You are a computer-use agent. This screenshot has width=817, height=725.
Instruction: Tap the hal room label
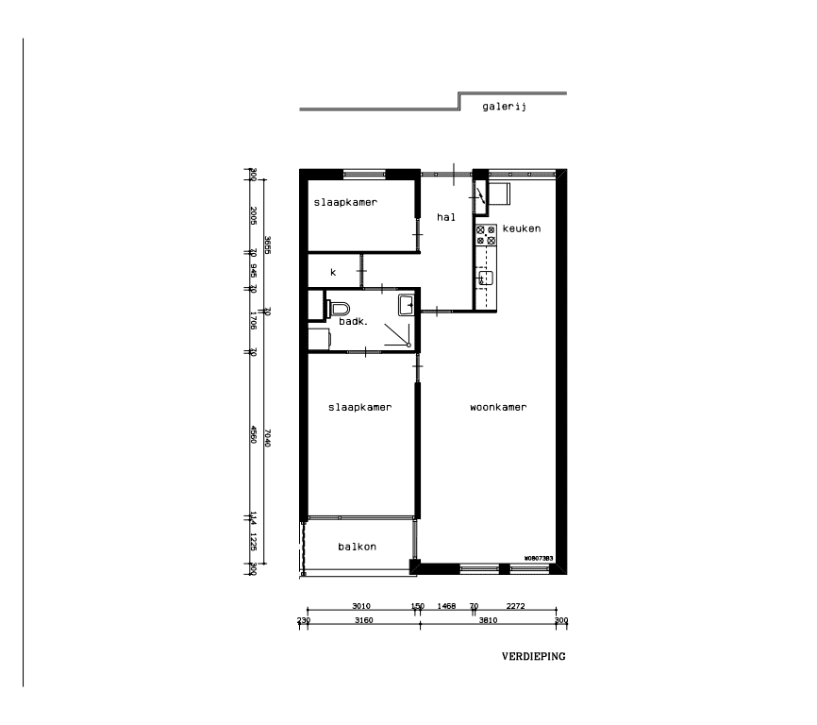point(446,217)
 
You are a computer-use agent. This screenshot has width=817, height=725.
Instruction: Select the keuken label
point(522,229)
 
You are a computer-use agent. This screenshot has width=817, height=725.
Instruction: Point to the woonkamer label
point(497,408)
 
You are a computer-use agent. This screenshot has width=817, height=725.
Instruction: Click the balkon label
point(358,548)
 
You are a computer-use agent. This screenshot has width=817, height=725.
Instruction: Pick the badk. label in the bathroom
point(353,321)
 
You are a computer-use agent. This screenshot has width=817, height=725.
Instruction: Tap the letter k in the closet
point(332,272)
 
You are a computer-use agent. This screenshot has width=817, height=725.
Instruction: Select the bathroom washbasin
point(407,304)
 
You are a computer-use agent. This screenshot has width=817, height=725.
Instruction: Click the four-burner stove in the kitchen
point(486,235)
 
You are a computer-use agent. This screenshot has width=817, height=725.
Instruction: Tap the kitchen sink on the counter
point(484,278)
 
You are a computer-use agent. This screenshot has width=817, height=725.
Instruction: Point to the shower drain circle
point(408,346)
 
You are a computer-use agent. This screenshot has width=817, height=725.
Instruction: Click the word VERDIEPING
point(533,655)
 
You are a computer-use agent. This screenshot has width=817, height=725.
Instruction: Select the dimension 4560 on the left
point(254,434)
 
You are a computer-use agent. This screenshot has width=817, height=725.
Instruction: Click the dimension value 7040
point(268,434)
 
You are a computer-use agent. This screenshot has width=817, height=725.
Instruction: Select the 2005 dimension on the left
point(254,214)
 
